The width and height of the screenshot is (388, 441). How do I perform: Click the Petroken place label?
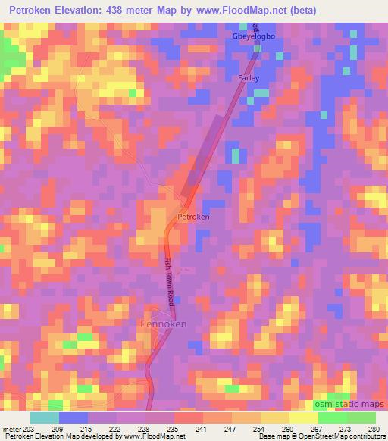pos(193,217)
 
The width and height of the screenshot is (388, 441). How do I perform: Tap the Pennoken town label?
pos(164,324)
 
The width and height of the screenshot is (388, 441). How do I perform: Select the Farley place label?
pos(251,78)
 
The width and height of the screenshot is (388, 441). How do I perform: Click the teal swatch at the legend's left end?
pos(45,418)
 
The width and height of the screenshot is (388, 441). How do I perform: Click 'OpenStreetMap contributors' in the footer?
pos(343,436)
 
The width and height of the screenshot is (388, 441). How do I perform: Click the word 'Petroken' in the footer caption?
pos(18,436)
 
